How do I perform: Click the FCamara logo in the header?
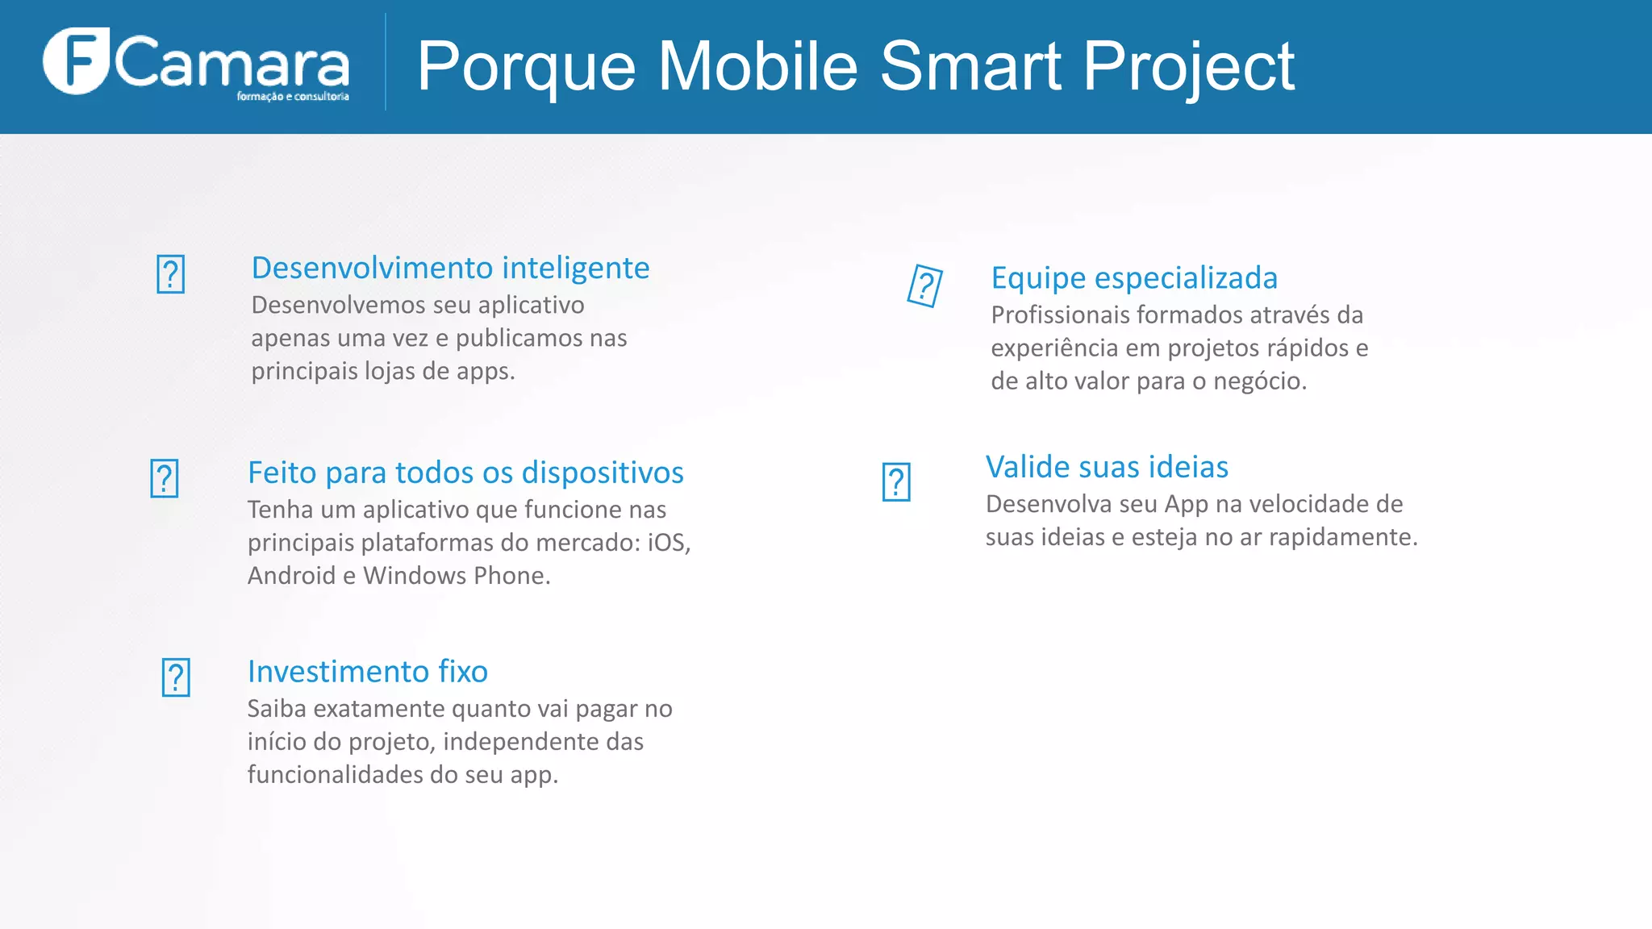point(196,63)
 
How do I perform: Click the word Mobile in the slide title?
point(757,66)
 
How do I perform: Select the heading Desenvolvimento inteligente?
point(450,268)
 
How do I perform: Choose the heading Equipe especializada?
point(1134,278)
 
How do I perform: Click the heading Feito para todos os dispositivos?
point(465,473)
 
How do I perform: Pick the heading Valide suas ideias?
point(1107,467)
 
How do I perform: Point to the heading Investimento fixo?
point(367,672)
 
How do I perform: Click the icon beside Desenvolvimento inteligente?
point(170,274)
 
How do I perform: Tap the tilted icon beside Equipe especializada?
point(924,285)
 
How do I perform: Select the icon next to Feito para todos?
point(165,478)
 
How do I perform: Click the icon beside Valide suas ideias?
point(896,482)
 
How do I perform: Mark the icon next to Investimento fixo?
point(176,677)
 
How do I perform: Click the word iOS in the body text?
point(667,543)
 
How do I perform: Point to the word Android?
point(291,576)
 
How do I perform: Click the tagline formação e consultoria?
point(293,97)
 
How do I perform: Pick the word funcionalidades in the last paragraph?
point(335,775)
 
